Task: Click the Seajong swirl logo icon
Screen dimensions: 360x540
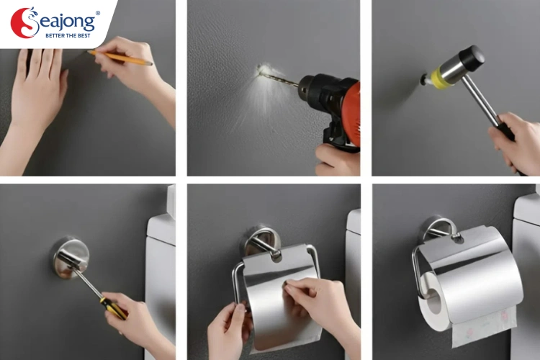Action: click(24, 22)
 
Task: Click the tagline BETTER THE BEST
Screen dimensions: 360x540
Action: click(69, 35)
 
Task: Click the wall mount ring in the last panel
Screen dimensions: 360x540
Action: click(438, 230)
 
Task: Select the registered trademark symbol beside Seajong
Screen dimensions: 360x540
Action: click(98, 13)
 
